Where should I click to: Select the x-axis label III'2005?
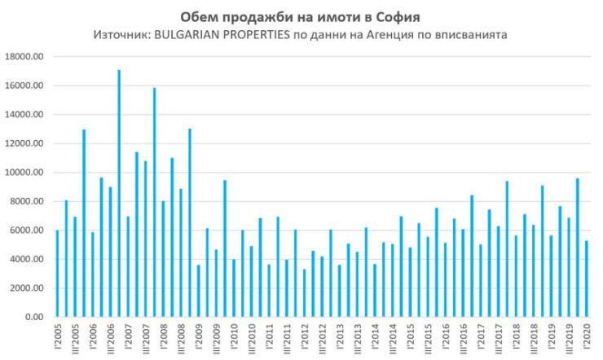click(x=76, y=337)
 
